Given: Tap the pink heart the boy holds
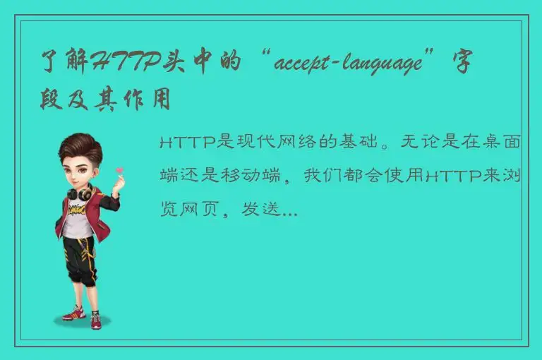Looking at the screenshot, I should [120, 169].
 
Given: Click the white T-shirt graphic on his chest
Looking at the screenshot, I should [78, 212].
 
